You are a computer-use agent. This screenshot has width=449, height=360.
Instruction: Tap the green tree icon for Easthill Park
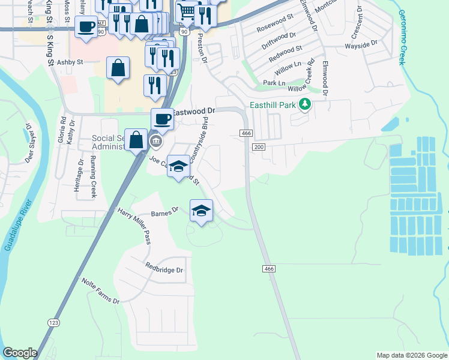coord(306,105)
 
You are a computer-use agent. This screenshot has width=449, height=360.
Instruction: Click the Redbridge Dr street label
coord(164,269)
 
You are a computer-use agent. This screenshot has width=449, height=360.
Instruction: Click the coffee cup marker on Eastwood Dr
coord(162,119)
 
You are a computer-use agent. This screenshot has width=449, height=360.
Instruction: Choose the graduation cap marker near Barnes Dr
coord(202,211)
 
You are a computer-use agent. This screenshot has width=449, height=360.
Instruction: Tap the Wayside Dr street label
coord(361,44)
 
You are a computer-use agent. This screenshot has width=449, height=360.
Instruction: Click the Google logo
coord(20,353)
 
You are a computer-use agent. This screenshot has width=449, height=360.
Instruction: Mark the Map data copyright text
coord(411,355)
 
